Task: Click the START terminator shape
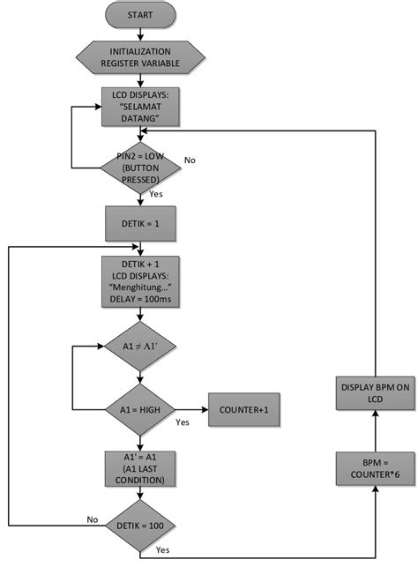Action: click(x=141, y=16)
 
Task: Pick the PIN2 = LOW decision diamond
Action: click(x=141, y=168)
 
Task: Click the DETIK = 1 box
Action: click(x=141, y=224)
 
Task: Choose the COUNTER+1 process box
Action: click(x=243, y=409)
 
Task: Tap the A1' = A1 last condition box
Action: click(x=141, y=467)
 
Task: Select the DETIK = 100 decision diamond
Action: click(x=141, y=526)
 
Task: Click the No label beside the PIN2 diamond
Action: click(x=190, y=160)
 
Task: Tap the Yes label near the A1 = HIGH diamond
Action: click(x=183, y=422)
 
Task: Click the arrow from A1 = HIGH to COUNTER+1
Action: click(x=191, y=409)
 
